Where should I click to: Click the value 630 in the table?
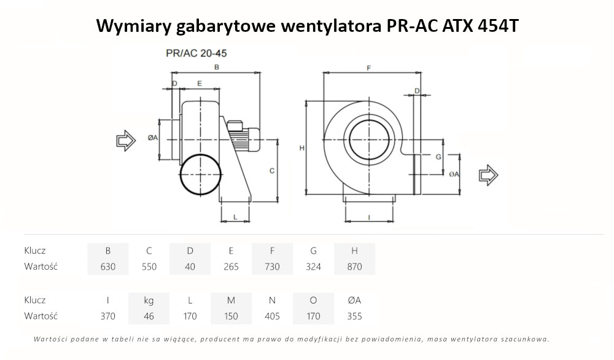(108, 267)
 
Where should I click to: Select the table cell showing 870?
(354, 267)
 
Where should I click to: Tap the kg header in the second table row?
(149, 300)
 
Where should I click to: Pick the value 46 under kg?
(149, 316)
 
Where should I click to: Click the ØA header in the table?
(354, 300)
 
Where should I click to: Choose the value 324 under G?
(313, 267)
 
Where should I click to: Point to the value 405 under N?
(272, 316)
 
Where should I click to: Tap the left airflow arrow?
(126, 141)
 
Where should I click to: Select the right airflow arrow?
(489, 175)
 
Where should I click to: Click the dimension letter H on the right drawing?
(301, 148)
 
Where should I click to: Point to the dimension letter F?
(368, 68)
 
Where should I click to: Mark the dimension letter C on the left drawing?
(271, 171)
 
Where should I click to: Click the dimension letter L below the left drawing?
(235, 217)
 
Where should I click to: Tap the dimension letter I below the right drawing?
(368, 217)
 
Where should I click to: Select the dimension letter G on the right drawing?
(438, 157)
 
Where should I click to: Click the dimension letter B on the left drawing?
(216, 67)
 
